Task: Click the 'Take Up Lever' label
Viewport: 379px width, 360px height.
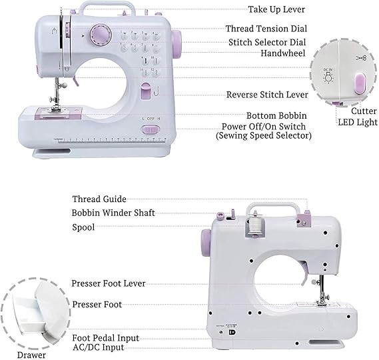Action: point(276,10)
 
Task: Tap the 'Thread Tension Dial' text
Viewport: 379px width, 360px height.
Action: point(266,29)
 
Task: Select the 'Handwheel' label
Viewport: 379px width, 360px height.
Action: point(283,53)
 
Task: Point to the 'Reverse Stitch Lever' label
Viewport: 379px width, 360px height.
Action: point(267,95)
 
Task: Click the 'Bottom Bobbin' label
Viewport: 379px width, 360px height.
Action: point(276,115)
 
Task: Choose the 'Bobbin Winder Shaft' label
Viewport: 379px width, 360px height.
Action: point(113,213)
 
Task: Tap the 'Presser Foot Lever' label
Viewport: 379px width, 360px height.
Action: point(109,283)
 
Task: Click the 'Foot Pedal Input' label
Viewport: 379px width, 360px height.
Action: point(106,338)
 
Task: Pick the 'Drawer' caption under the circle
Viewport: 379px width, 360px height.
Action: point(31,355)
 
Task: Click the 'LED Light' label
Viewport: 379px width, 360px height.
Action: point(358,122)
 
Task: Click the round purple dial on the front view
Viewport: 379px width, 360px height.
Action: point(101,35)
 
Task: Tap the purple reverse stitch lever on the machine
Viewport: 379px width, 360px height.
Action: point(145,91)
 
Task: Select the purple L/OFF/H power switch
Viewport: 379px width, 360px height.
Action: point(150,130)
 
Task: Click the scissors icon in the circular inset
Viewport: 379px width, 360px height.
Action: point(361,58)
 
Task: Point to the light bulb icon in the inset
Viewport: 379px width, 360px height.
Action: point(328,77)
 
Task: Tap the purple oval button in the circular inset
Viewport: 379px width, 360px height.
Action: point(360,84)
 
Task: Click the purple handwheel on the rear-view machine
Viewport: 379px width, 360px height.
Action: point(206,243)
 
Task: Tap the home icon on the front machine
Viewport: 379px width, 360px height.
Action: point(54,31)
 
